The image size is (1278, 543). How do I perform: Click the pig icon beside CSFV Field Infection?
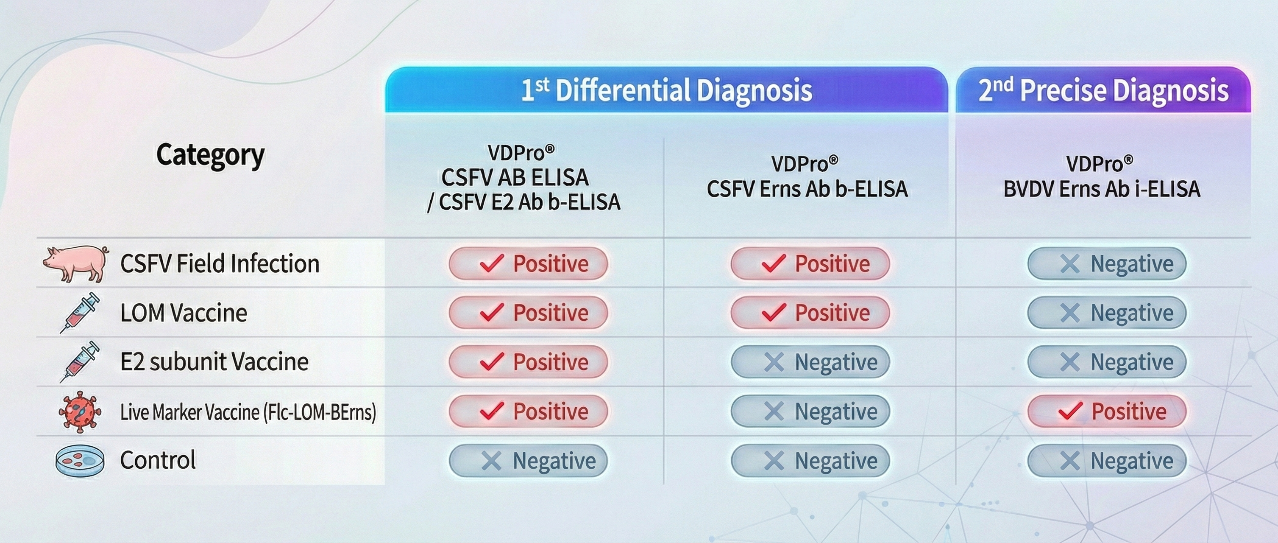76,263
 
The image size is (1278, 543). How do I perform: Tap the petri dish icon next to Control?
80,461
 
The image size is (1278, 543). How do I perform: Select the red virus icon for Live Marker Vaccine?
80,411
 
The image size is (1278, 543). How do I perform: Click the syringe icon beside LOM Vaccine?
79,313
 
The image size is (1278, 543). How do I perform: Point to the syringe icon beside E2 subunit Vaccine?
79,362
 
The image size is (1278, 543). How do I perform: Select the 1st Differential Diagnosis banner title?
666,90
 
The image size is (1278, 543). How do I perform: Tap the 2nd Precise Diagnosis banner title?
1103,90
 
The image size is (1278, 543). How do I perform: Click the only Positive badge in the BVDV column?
1107,411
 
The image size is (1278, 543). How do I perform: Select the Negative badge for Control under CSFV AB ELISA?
528,461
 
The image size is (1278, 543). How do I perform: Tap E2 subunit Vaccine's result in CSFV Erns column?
810,362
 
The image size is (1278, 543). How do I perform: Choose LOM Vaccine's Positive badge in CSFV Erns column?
810,313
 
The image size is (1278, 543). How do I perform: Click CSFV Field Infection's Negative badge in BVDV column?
1107,263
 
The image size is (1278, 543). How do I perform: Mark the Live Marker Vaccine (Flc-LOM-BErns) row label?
248,412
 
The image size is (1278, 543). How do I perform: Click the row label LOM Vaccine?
184,313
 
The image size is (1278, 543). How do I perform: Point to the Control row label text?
158,460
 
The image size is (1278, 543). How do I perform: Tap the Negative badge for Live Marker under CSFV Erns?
810,411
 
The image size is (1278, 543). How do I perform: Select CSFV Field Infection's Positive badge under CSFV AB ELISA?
528,263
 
